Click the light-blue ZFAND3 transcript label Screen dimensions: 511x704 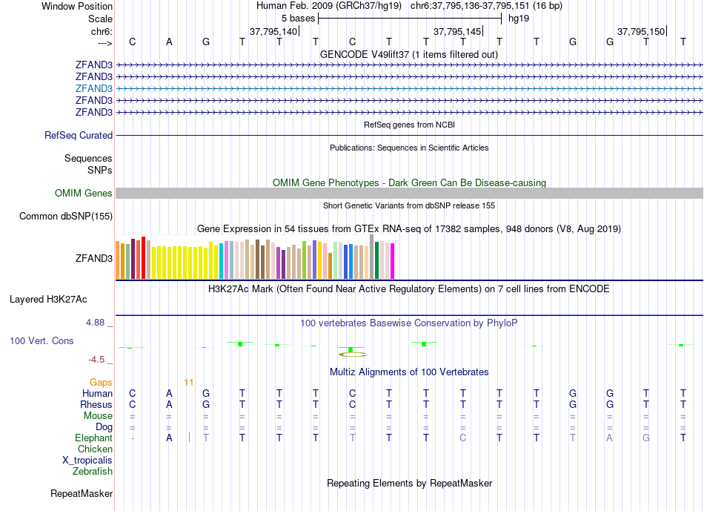[93, 88]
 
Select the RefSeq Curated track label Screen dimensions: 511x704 [79, 136]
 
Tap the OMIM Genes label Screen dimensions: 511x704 [84, 194]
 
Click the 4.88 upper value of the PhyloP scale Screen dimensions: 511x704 [96, 323]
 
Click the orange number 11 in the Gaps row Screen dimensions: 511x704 [189, 382]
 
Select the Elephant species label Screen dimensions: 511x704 [94, 438]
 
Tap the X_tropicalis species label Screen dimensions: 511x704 [87, 461]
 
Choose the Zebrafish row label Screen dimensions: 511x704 [93, 472]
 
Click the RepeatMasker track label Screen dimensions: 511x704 [82, 493]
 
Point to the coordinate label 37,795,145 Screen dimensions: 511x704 [457, 32]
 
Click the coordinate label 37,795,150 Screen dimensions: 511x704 [641, 32]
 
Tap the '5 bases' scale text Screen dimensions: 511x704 [298, 17]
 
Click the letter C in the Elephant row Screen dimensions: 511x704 [462, 438]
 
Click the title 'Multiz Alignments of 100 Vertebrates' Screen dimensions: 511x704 [409, 372]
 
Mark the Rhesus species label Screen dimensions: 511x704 [96, 405]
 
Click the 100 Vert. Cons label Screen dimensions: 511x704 [41, 340]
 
